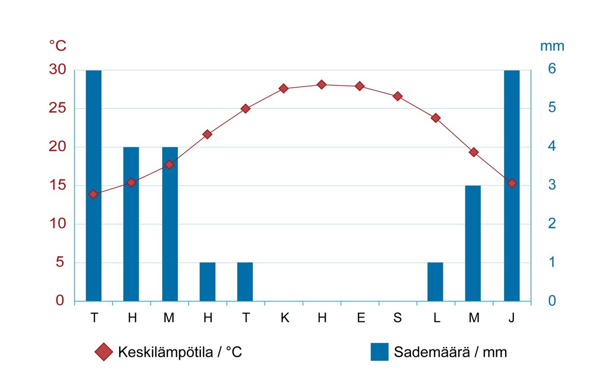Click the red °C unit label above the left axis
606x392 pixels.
tap(57, 46)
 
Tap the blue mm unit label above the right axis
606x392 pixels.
tap(552, 46)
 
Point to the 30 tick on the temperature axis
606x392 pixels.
tap(57, 70)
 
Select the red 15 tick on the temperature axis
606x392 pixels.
tap(57, 185)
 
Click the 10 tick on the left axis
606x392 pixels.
tap(57, 224)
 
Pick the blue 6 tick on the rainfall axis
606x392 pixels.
tap(552, 69)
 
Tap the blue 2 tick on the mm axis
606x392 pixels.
tap(552, 224)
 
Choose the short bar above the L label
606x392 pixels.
tap(435, 282)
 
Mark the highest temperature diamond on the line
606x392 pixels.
tap(321, 85)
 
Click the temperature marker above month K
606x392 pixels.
tap(283, 89)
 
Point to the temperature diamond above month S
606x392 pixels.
tap(397, 96)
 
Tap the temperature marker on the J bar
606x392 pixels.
tap(511, 183)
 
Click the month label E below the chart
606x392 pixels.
tap(361, 318)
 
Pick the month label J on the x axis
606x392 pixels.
tap(511, 318)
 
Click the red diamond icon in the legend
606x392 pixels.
tap(104, 352)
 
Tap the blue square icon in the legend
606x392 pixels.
tap(379, 352)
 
